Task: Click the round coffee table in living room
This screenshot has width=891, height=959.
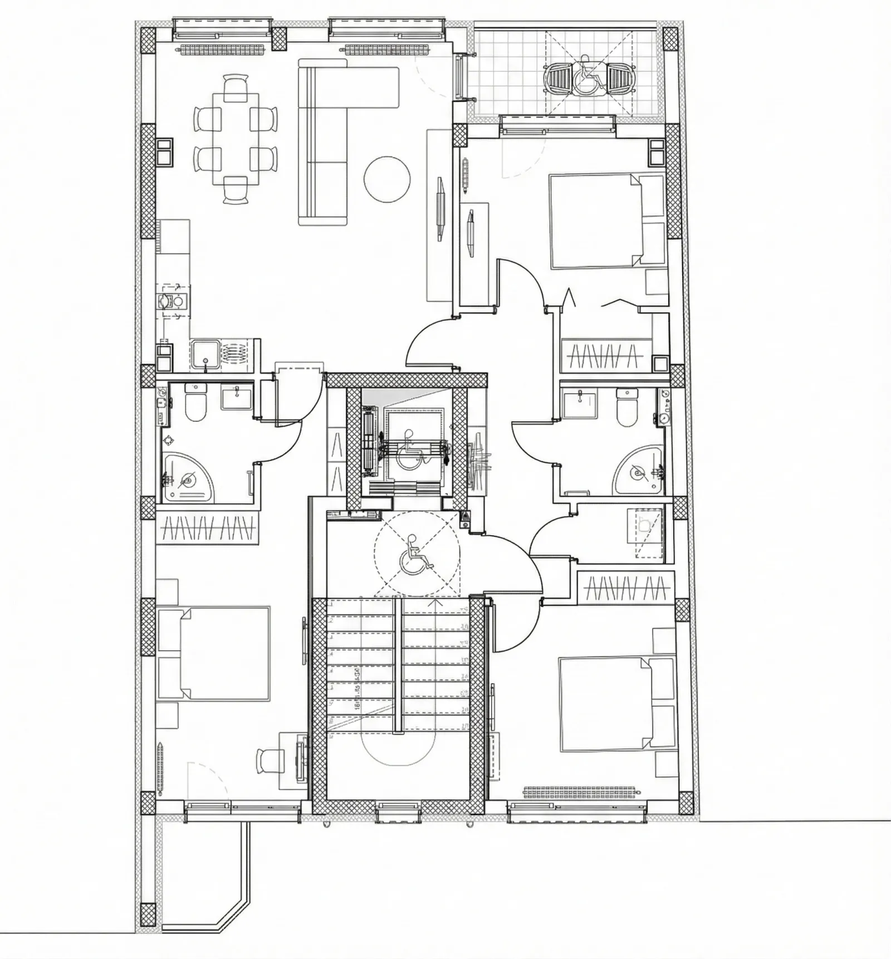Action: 387,179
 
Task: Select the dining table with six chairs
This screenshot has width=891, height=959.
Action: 236,138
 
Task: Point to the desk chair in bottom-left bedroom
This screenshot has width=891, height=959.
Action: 267,760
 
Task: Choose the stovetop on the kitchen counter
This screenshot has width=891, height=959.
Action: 172,301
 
